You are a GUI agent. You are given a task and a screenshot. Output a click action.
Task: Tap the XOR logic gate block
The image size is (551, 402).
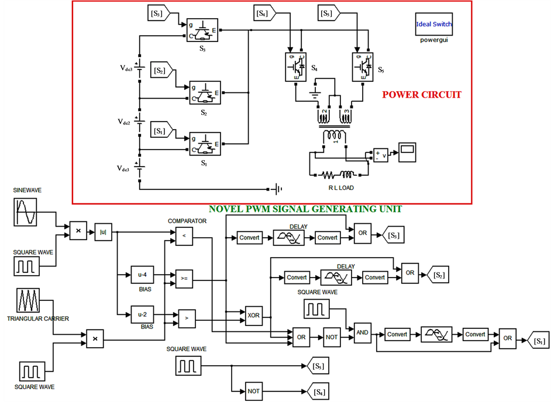click(x=253, y=315)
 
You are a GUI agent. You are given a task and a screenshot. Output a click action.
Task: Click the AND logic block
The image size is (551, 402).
click(x=363, y=332)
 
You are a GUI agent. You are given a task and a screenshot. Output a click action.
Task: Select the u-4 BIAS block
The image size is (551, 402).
click(x=142, y=275)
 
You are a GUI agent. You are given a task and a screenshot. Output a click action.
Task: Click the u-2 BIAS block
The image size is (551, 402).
click(x=142, y=314)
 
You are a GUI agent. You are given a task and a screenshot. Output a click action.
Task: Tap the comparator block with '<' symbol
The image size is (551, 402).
click(x=185, y=235)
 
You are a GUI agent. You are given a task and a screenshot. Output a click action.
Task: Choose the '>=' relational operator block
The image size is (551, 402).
click(x=185, y=279)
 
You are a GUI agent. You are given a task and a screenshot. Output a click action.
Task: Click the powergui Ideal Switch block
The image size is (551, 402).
click(x=433, y=25)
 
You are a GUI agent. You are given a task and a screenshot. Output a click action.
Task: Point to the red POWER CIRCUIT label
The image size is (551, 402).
click(x=421, y=95)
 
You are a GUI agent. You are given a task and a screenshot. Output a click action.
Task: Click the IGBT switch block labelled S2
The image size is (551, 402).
click(x=205, y=92)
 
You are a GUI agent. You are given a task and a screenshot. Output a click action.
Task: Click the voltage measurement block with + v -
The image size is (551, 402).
click(x=381, y=155)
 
